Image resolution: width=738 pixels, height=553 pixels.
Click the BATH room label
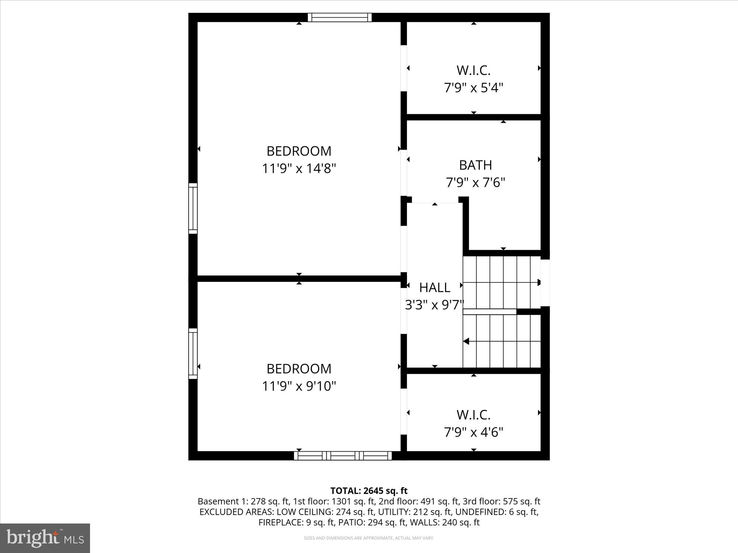tap(475, 165)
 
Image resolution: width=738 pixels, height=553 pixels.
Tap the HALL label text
tap(434, 288)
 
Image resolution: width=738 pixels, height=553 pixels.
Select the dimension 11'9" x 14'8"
tap(299, 168)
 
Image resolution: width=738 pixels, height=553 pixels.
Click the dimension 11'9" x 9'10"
tap(299, 386)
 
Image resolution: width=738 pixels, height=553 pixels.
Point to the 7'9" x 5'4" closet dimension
tap(473, 88)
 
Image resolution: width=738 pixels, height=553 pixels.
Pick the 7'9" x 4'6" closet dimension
tap(473, 432)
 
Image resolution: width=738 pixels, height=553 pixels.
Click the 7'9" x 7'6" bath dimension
tap(475, 182)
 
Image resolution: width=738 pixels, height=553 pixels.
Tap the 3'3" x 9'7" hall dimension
tap(434, 305)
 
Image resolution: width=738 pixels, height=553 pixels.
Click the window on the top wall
tap(339, 17)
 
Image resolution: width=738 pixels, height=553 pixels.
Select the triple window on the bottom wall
tap(343, 456)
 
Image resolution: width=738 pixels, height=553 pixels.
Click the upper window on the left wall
tap(193, 208)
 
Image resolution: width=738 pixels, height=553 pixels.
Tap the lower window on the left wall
tap(193, 354)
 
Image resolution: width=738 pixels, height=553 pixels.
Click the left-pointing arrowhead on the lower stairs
tap(466, 341)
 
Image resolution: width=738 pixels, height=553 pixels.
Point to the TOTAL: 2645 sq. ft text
tap(369, 491)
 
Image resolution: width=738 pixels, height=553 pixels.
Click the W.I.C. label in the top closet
tap(473, 70)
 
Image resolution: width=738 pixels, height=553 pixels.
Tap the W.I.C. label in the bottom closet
tap(473, 414)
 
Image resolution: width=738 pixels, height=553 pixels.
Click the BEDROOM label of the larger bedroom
tap(299, 151)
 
